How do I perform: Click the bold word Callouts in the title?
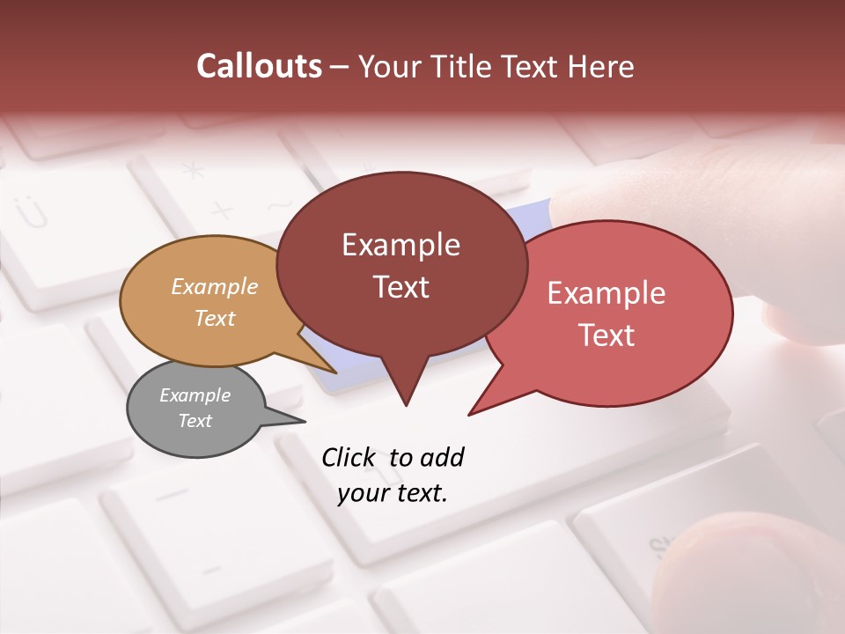pos(259,66)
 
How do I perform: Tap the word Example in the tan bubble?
pos(215,286)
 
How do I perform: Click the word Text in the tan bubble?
pos(215,318)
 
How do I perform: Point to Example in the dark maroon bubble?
pos(400,245)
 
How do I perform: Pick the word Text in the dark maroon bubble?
pos(400,287)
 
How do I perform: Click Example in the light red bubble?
pos(606,293)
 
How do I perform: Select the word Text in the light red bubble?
pos(606,335)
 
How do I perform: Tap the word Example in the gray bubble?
pos(195,395)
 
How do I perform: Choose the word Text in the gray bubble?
pos(195,421)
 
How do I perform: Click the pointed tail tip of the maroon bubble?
pos(406,405)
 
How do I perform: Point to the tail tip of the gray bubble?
pos(305,421)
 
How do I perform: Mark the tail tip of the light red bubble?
pos(470,414)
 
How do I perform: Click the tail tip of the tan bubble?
pos(336,372)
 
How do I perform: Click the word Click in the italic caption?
pos(350,457)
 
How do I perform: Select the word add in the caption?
pos(441,457)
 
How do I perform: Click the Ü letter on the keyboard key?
pos(33,212)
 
